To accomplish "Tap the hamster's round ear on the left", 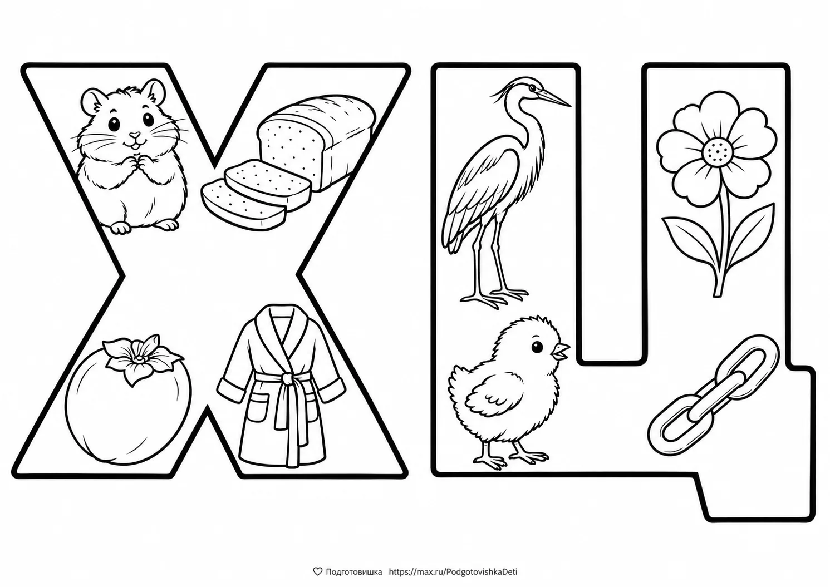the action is point(91,100).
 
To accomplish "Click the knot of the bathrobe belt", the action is point(287,378).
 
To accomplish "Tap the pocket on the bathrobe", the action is point(258,408).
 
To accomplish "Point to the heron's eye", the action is point(532,88).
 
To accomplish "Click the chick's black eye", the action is point(537,347).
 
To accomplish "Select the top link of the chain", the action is point(744,362).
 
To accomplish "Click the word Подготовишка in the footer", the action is point(354,572).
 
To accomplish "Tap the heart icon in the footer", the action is point(317,571).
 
